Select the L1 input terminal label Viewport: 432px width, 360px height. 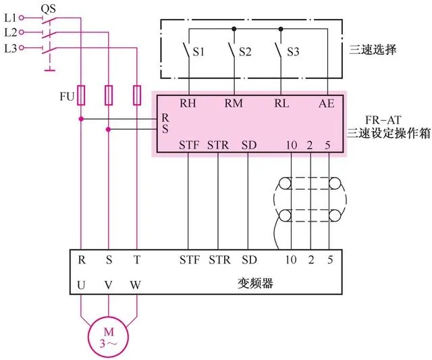pyautogui.click(x=9, y=16)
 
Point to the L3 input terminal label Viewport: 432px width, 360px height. pyautogui.click(x=9, y=48)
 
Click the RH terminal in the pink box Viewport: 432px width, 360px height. pyautogui.click(x=188, y=105)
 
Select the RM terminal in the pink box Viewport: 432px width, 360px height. pyautogui.click(x=234, y=105)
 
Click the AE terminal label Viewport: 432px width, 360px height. pyautogui.click(x=326, y=105)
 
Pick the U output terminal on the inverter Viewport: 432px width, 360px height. pyautogui.click(x=81, y=285)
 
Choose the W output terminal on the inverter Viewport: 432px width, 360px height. pyautogui.click(x=136, y=285)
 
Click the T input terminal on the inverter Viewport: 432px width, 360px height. pyautogui.click(x=136, y=259)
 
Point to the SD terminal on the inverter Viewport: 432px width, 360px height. pyautogui.click(x=249, y=259)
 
